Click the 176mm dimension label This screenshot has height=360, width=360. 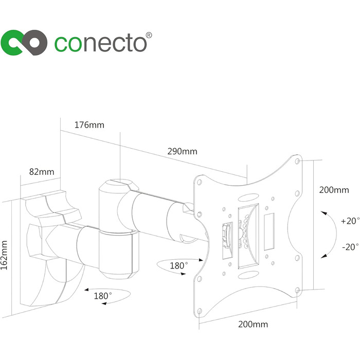(x=89, y=124)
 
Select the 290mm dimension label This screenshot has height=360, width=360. (x=182, y=151)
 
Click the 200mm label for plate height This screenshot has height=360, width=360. (x=334, y=190)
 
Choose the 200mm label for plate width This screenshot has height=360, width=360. (x=253, y=325)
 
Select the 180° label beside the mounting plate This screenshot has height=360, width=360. (x=179, y=265)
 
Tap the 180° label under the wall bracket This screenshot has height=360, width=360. (x=103, y=297)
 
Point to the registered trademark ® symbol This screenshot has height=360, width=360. (x=149, y=35)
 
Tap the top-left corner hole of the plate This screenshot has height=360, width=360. (x=199, y=180)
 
